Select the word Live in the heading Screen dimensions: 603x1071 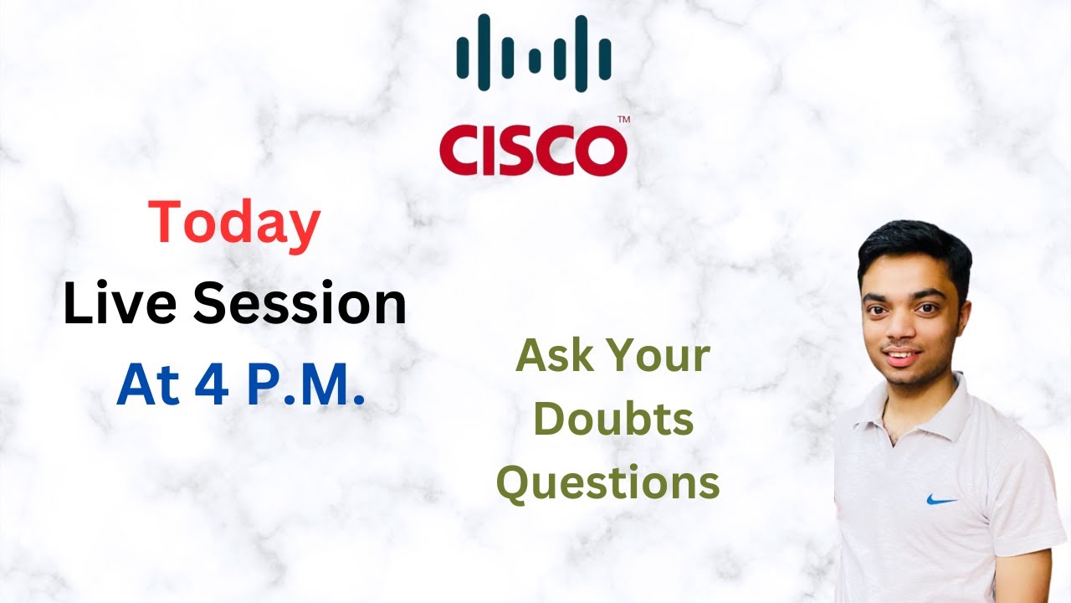pyautogui.click(x=116, y=306)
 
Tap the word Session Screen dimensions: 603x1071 pyautogui.click(x=300, y=306)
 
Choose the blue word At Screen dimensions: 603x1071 pyautogui.click(x=149, y=386)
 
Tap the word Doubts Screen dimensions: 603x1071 pyautogui.click(x=613, y=420)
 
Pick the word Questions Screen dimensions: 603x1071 pyautogui.click(x=608, y=483)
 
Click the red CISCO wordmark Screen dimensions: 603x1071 pyautogui.click(x=533, y=152)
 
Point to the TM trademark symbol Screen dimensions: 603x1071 pyautogui.click(x=623, y=121)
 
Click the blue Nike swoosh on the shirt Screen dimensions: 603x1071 pyautogui.click(x=941, y=500)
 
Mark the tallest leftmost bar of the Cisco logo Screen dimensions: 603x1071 pyautogui.click(x=461, y=58)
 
